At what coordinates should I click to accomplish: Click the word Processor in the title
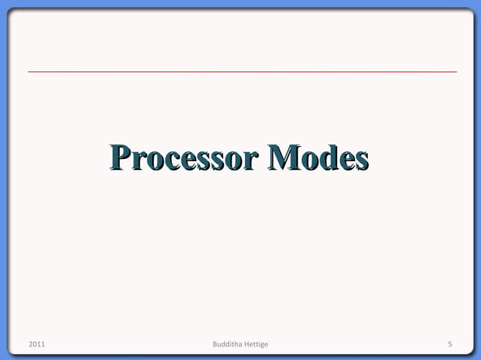pos(185,160)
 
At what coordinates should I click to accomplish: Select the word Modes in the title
pos(320,160)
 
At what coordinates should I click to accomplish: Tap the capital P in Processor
pos(120,160)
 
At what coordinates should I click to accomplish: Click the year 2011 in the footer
pos(36,345)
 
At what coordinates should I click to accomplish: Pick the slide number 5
pos(449,345)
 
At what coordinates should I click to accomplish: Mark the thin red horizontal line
pos(241,72)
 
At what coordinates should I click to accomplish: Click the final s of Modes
pos(360,162)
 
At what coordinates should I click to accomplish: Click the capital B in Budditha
pos(216,345)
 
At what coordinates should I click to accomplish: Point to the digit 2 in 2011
pos(30,345)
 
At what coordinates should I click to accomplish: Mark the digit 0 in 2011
pos(34,345)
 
